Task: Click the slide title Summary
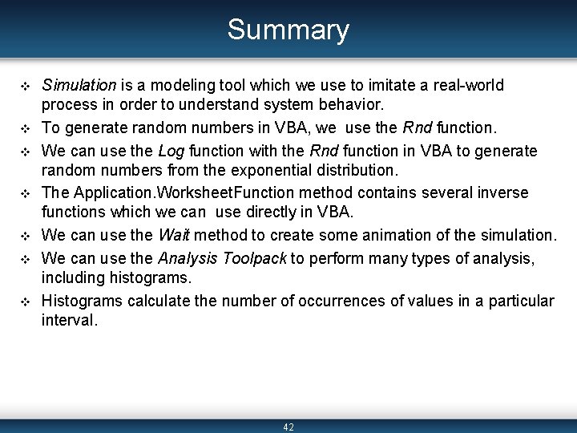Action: pos(288,30)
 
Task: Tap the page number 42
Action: pos(288,427)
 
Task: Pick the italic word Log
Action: pos(171,151)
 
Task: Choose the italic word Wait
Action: pos(174,236)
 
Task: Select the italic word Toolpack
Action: pos(256,258)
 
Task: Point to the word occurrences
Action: pos(344,301)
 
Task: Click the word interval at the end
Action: pos(68,321)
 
